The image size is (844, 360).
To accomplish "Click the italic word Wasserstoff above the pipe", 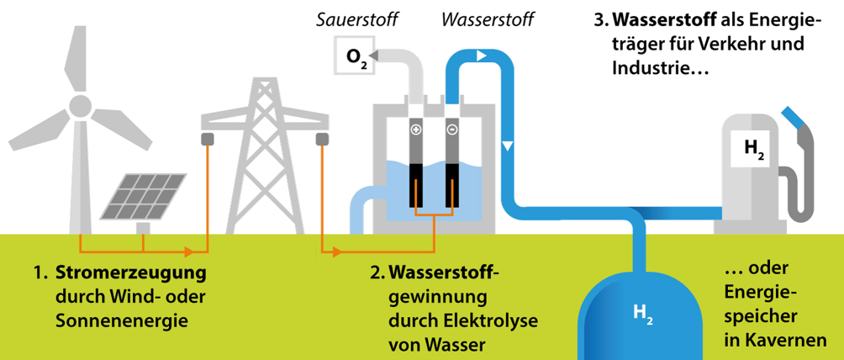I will pyautogui.click(x=488, y=18).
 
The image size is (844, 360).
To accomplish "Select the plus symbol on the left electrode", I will pyautogui.click(x=415, y=130).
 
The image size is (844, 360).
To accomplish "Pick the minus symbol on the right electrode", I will pyautogui.click(x=452, y=130).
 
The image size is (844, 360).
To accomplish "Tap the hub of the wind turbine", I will pyautogui.click(x=80, y=106).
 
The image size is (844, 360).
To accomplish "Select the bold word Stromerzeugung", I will pyautogui.click(x=130, y=274).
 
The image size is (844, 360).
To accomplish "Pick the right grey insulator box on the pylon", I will pyautogui.click(x=321, y=139).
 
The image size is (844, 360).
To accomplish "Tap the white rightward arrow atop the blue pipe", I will pyautogui.click(x=482, y=56).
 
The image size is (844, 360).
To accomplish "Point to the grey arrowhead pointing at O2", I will pyautogui.click(x=374, y=56).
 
